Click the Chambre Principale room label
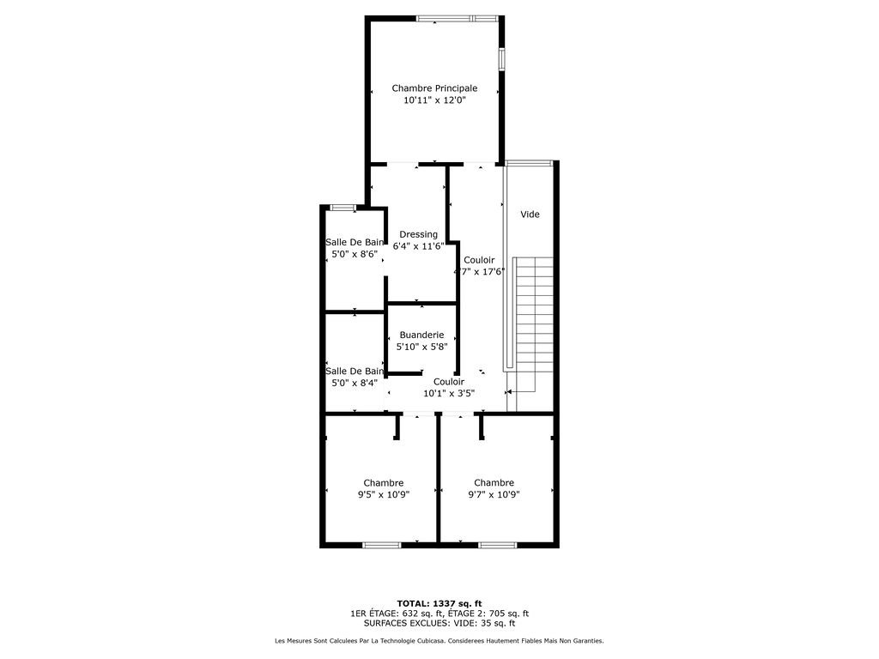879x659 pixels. (434, 88)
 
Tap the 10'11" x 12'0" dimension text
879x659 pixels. (435, 101)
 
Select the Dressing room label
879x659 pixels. (418, 235)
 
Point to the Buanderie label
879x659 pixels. (421, 336)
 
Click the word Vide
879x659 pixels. (530, 214)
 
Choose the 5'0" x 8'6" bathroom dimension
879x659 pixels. (355, 254)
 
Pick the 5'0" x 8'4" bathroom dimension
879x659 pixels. (355, 383)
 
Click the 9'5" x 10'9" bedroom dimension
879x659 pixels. (384, 495)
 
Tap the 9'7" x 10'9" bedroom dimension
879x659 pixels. (494, 495)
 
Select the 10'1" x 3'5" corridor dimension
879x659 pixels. (448, 393)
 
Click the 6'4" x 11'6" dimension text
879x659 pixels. (418, 246)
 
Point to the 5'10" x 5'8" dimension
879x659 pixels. (421, 347)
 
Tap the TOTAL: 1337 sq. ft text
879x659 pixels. (439, 603)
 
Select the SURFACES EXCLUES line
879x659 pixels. (439, 623)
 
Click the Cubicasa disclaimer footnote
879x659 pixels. (439, 640)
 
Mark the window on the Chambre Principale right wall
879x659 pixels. (501, 59)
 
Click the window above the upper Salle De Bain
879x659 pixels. (343, 208)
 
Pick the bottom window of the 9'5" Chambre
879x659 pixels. (382, 545)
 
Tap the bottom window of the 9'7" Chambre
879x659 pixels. (498, 545)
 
